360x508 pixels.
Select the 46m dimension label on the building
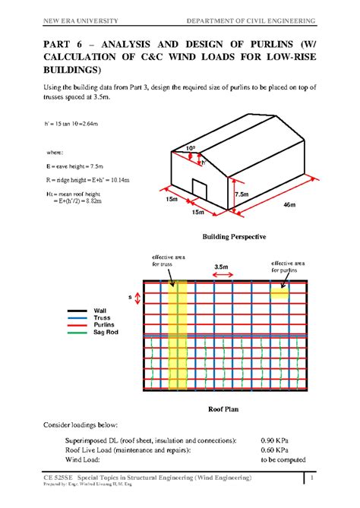[x=289, y=206]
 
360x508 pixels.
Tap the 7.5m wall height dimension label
[x=242, y=195]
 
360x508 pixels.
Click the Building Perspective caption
[x=233, y=238]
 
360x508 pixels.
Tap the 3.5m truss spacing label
[x=222, y=267]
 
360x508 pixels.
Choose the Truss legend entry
[x=102, y=318]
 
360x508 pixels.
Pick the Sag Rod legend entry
[x=106, y=333]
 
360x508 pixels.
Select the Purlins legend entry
[x=104, y=326]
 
